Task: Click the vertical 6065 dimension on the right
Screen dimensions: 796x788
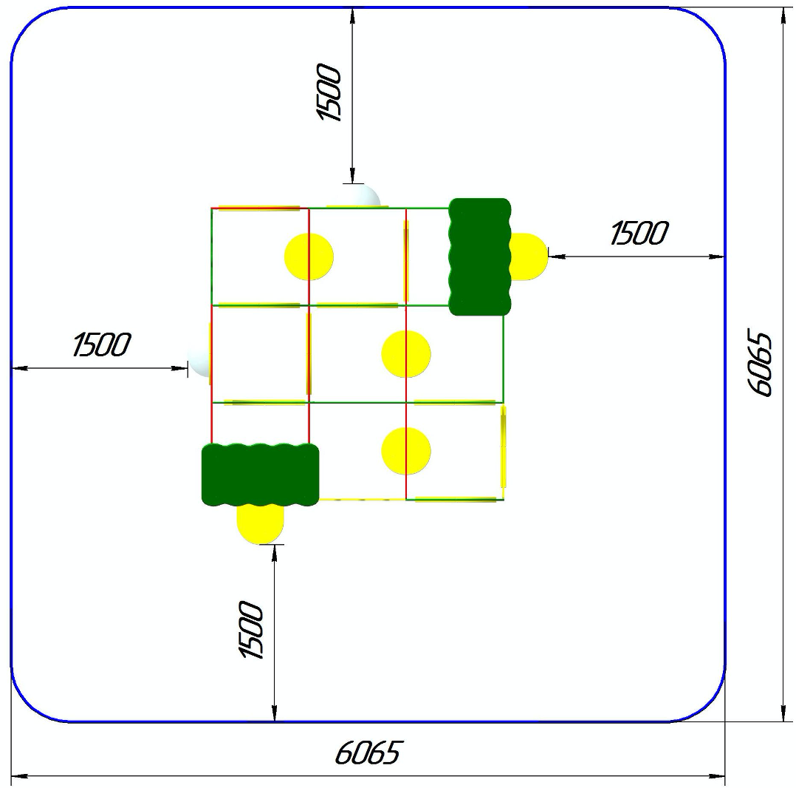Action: pyautogui.click(x=760, y=364)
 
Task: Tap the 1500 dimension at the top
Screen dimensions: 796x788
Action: pyautogui.click(x=329, y=92)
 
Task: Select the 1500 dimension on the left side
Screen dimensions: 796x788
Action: pyautogui.click(x=102, y=344)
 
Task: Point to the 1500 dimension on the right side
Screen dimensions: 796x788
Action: pyautogui.click(x=639, y=233)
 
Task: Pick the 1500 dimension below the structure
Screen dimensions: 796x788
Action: pyautogui.click(x=251, y=630)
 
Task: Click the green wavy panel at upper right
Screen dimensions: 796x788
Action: pyautogui.click(x=480, y=257)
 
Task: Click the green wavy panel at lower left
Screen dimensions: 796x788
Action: pyautogui.click(x=261, y=475)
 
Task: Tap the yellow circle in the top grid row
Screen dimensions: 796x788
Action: pyautogui.click(x=309, y=257)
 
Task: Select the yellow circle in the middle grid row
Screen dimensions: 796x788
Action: pyautogui.click(x=406, y=354)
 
